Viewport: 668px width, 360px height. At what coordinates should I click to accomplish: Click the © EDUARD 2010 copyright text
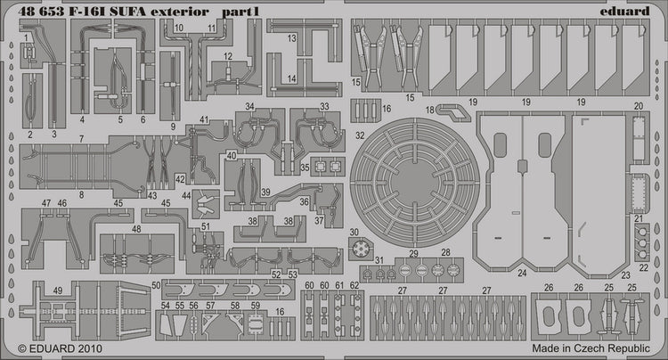pyautogui.click(x=55, y=348)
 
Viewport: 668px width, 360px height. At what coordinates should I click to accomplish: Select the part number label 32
pyautogui.click(x=359, y=137)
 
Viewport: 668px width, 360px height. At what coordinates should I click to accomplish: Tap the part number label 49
pyautogui.click(x=57, y=290)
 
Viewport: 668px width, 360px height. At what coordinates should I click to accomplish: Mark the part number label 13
pyautogui.click(x=291, y=38)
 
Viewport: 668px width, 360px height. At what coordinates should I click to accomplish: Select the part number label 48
pyautogui.click(x=135, y=228)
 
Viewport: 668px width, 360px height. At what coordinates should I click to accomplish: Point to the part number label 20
pyautogui.click(x=638, y=106)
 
